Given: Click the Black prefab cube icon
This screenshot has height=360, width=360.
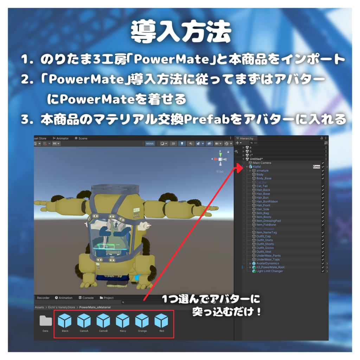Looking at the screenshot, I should click(65, 321).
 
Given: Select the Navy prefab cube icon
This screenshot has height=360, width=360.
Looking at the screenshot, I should click(123, 321).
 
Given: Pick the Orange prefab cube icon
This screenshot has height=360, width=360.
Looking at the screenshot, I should click(142, 321).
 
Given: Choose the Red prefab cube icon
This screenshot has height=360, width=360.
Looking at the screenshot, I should click(161, 321).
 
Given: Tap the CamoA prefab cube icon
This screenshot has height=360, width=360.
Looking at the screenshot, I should click(84, 321).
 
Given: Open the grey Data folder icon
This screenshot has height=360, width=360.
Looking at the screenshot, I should click(45, 321).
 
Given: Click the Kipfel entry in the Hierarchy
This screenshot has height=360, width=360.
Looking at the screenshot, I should click(257, 167).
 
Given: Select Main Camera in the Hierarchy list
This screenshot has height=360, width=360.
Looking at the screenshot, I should click(262, 163).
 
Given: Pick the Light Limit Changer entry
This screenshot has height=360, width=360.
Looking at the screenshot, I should click(269, 271).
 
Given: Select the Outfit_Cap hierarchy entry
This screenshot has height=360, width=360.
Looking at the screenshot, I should click(263, 236).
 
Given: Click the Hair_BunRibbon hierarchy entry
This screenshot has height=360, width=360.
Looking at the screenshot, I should click(267, 201).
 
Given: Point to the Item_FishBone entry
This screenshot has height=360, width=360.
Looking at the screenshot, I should click(266, 225).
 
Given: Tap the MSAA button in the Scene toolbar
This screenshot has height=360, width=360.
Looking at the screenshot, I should click(150, 143).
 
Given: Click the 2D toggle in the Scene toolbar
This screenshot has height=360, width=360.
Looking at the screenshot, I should click(173, 143).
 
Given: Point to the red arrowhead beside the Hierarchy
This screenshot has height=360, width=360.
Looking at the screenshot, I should click(239, 168).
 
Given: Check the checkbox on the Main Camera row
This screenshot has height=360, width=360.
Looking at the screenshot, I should click(323, 163).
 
